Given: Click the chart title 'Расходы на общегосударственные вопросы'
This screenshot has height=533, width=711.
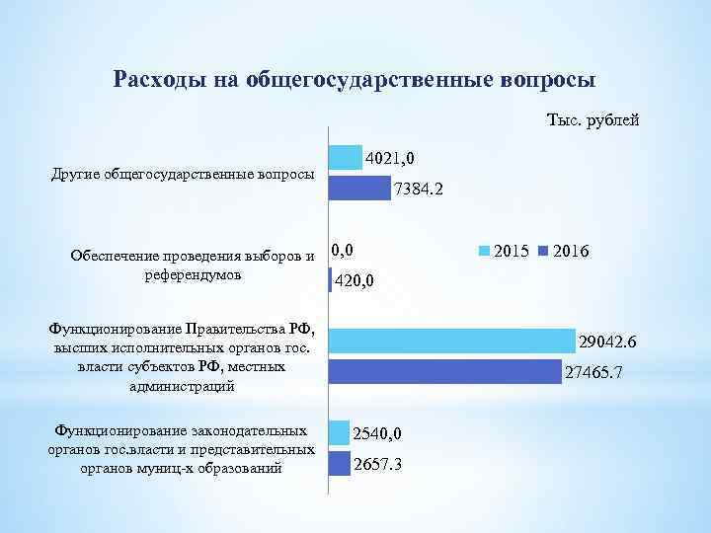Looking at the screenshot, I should [355, 78].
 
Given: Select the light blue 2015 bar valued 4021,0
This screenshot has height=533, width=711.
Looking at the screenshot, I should [345, 157].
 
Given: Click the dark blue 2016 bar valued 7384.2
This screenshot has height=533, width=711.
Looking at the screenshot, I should [359, 188].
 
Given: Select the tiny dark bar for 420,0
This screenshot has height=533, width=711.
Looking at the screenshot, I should [330, 280].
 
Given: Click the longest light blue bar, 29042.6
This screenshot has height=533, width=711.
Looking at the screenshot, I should [451, 342].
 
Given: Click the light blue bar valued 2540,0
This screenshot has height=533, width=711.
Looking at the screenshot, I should [339, 432].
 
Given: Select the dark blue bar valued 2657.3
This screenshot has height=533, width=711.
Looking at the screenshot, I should [339, 463].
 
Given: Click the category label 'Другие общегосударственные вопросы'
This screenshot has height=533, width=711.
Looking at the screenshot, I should [182, 175].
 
